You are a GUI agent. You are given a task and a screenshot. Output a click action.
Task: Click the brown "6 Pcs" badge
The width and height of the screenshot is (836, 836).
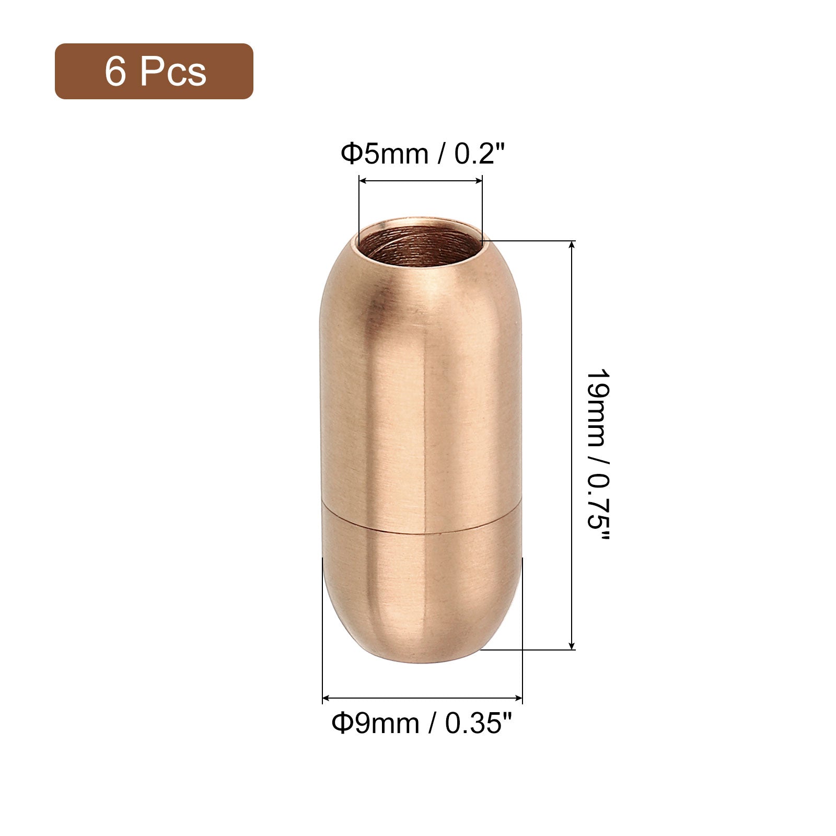point(154,71)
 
